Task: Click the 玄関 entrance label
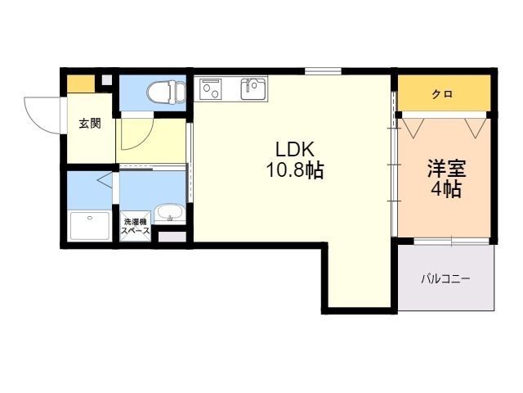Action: click(90, 124)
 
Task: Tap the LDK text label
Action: click(295, 150)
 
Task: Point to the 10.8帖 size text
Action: click(295, 170)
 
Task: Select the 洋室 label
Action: click(447, 169)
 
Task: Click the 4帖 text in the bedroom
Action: click(446, 189)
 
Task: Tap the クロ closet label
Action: click(443, 94)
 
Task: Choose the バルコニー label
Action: click(445, 278)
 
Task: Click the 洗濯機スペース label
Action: click(136, 226)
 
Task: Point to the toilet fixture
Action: click(166, 91)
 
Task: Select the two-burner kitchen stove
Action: click(211, 89)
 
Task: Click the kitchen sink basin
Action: click(253, 89)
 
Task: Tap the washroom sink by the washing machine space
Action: click(170, 213)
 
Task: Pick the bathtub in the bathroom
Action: click(90, 226)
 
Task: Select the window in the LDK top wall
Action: click(323, 71)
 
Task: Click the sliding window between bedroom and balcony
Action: click(452, 242)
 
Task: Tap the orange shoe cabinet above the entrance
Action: click(81, 84)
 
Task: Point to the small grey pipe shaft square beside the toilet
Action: click(107, 80)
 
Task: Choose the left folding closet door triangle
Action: click(413, 128)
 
